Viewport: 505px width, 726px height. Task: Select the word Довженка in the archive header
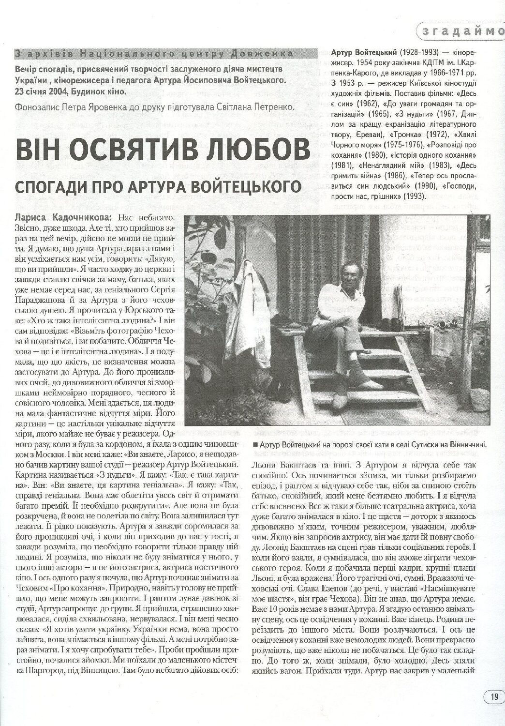pyautogui.click(x=265, y=52)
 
